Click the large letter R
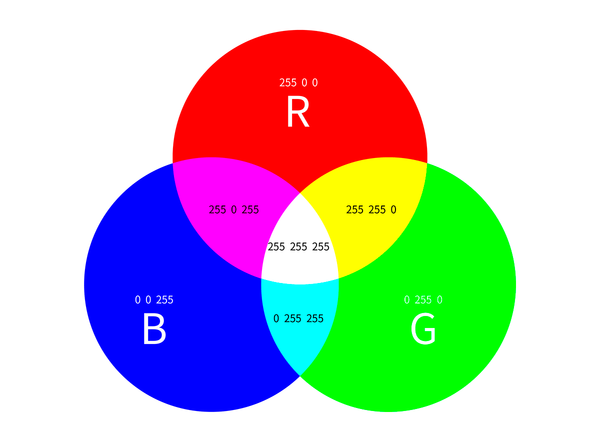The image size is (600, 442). point(298,113)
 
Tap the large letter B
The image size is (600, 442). point(154,329)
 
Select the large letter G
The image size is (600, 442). point(423,329)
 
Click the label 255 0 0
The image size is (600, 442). point(298,82)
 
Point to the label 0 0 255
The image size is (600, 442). point(154,300)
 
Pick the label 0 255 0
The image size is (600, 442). point(423,300)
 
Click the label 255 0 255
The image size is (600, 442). point(234,210)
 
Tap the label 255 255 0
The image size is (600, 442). point(371,210)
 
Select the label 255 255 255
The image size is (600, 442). point(298,247)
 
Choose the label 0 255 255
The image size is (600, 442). point(298,318)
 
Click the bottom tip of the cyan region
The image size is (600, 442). point(300,374)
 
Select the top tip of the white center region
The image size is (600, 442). point(300,193)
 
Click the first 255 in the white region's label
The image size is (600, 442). point(276,247)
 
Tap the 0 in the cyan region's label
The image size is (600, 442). point(276,318)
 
